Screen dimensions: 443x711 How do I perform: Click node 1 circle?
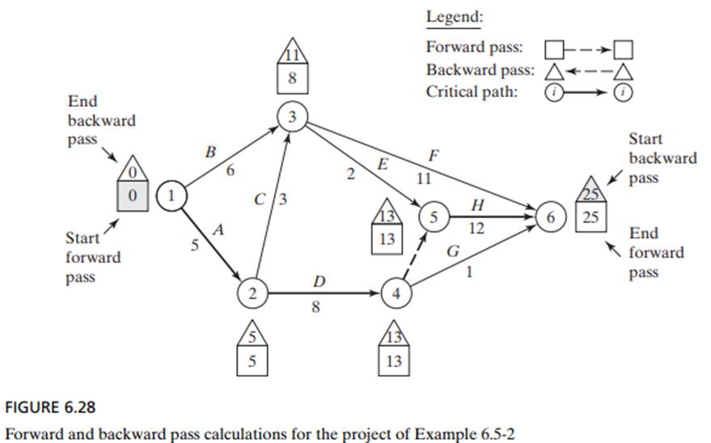pos(172,195)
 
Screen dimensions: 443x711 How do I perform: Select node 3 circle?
pos(290,117)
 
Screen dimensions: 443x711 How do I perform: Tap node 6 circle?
pos(551,217)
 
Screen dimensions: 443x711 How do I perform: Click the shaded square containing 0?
pos(135,195)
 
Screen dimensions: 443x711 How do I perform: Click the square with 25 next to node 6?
pos(588,217)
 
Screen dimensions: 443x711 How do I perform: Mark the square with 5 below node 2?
pos(252,361)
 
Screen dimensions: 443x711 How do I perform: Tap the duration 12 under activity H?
pos(476,230)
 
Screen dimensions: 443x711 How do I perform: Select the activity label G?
pos(454,251)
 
